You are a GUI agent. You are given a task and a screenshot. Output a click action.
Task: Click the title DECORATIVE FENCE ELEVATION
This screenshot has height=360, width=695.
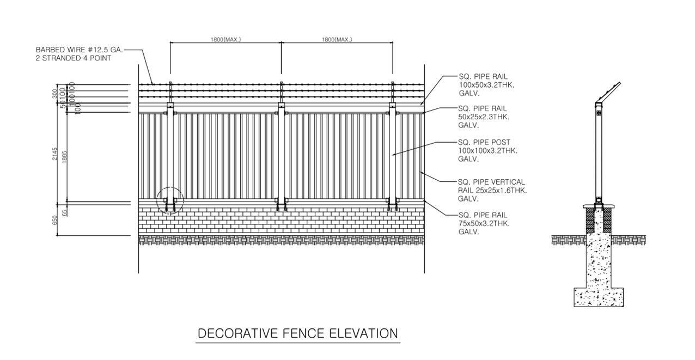point(297,333)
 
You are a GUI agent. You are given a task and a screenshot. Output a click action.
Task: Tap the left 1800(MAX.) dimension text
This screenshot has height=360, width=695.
point(225,40)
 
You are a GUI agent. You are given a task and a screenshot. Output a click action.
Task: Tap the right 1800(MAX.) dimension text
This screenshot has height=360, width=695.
point(337,40)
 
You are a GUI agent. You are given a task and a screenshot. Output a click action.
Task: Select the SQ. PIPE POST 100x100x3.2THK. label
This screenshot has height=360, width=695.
point(484,151)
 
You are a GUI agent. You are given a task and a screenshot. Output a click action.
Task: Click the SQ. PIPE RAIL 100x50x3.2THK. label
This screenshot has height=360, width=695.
point(483,86)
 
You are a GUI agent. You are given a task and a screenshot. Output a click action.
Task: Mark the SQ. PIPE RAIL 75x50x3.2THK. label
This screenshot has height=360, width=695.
point(483,223)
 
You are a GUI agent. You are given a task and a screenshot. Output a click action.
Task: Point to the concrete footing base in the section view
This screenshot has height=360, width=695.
point(598,297)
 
